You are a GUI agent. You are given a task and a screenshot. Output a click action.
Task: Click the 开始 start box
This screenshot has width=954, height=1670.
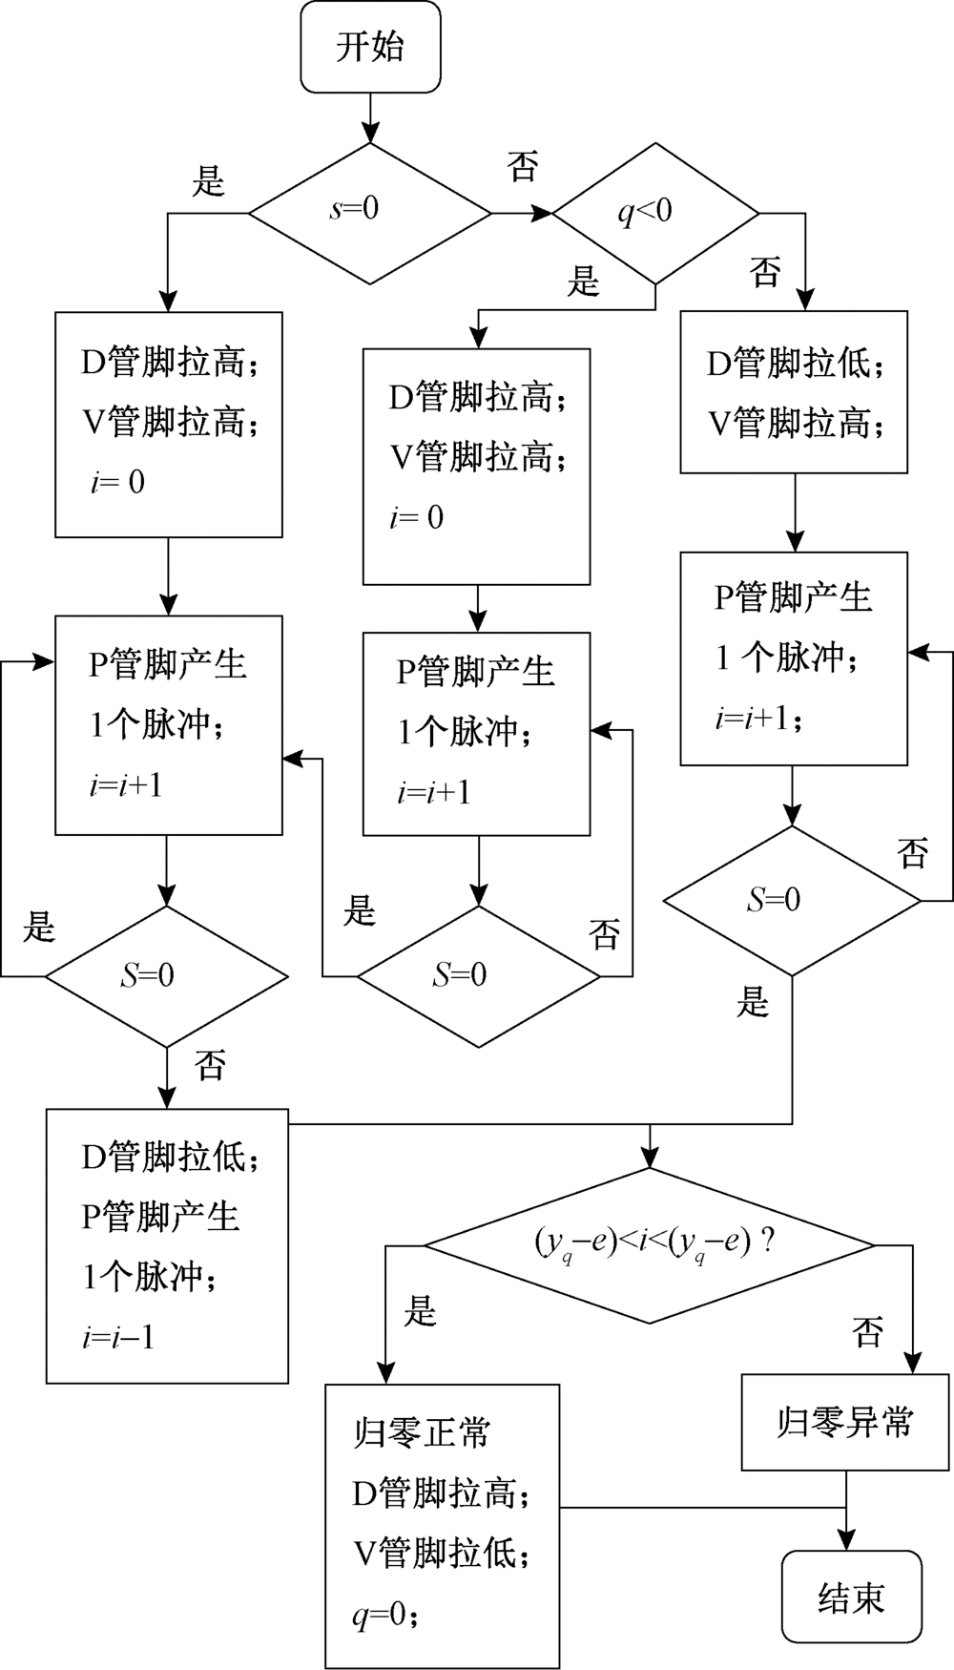coord(370,47)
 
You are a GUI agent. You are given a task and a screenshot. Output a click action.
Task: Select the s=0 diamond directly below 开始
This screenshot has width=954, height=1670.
coord(370,212)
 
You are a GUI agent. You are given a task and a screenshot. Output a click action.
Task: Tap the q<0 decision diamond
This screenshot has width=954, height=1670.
coord(655,213)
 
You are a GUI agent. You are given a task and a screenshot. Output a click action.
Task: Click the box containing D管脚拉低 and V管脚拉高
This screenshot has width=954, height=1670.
coord(794,391)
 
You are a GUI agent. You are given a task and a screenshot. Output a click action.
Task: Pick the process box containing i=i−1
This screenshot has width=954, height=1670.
coord(167,1245)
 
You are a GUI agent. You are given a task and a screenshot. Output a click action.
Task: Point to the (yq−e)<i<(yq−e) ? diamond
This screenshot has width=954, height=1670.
coord(650,1244)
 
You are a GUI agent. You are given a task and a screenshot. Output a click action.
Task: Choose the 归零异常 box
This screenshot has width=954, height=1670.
coord(845,1423)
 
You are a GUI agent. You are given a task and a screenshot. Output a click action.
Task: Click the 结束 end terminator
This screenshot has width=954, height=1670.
coord(851,1597)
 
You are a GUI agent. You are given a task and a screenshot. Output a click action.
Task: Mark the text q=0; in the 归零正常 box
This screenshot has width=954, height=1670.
coord(385,1615)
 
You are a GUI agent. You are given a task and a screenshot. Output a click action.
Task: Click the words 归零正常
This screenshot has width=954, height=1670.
coord(422,1433)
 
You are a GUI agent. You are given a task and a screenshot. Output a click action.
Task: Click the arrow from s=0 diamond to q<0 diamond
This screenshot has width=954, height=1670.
coord(523,213)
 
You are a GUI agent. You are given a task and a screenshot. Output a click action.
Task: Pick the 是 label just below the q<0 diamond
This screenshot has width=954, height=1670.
coord(583,282)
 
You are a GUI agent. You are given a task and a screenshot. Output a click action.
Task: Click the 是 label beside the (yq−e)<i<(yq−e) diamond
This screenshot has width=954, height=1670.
coord(420,1311)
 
